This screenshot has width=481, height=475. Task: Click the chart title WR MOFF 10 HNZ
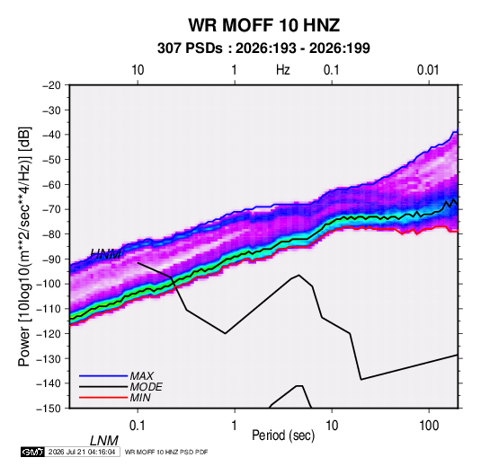click(263, 25)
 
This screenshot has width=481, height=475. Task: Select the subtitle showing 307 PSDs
click(263, 48)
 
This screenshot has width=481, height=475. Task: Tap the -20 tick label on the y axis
click(52, 85)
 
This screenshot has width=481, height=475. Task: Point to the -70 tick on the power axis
click(52, 209)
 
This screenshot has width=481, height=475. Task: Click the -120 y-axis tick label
click(49, 333)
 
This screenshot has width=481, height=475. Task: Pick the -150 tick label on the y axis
click(49, 408)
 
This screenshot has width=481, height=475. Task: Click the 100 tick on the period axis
click(429, 426)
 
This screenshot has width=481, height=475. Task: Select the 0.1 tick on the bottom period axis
click(138, 426)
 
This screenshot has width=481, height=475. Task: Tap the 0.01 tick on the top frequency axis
click(428, 70)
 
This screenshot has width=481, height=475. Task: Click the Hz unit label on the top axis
click(283, 70)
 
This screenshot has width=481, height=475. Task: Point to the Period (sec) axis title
click(283, 435)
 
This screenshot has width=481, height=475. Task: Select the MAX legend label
click(142, 376)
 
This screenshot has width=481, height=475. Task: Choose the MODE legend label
click(146, 387)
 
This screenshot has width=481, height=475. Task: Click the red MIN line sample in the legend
click(103, 398)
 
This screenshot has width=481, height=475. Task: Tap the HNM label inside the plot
click(105, 254)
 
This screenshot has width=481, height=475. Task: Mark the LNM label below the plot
click(104, 441)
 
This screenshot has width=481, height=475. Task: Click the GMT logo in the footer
click(33, 452)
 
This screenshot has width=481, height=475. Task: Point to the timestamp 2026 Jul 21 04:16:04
click(82, 452)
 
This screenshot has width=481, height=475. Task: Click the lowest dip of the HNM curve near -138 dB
click(361, 380)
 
